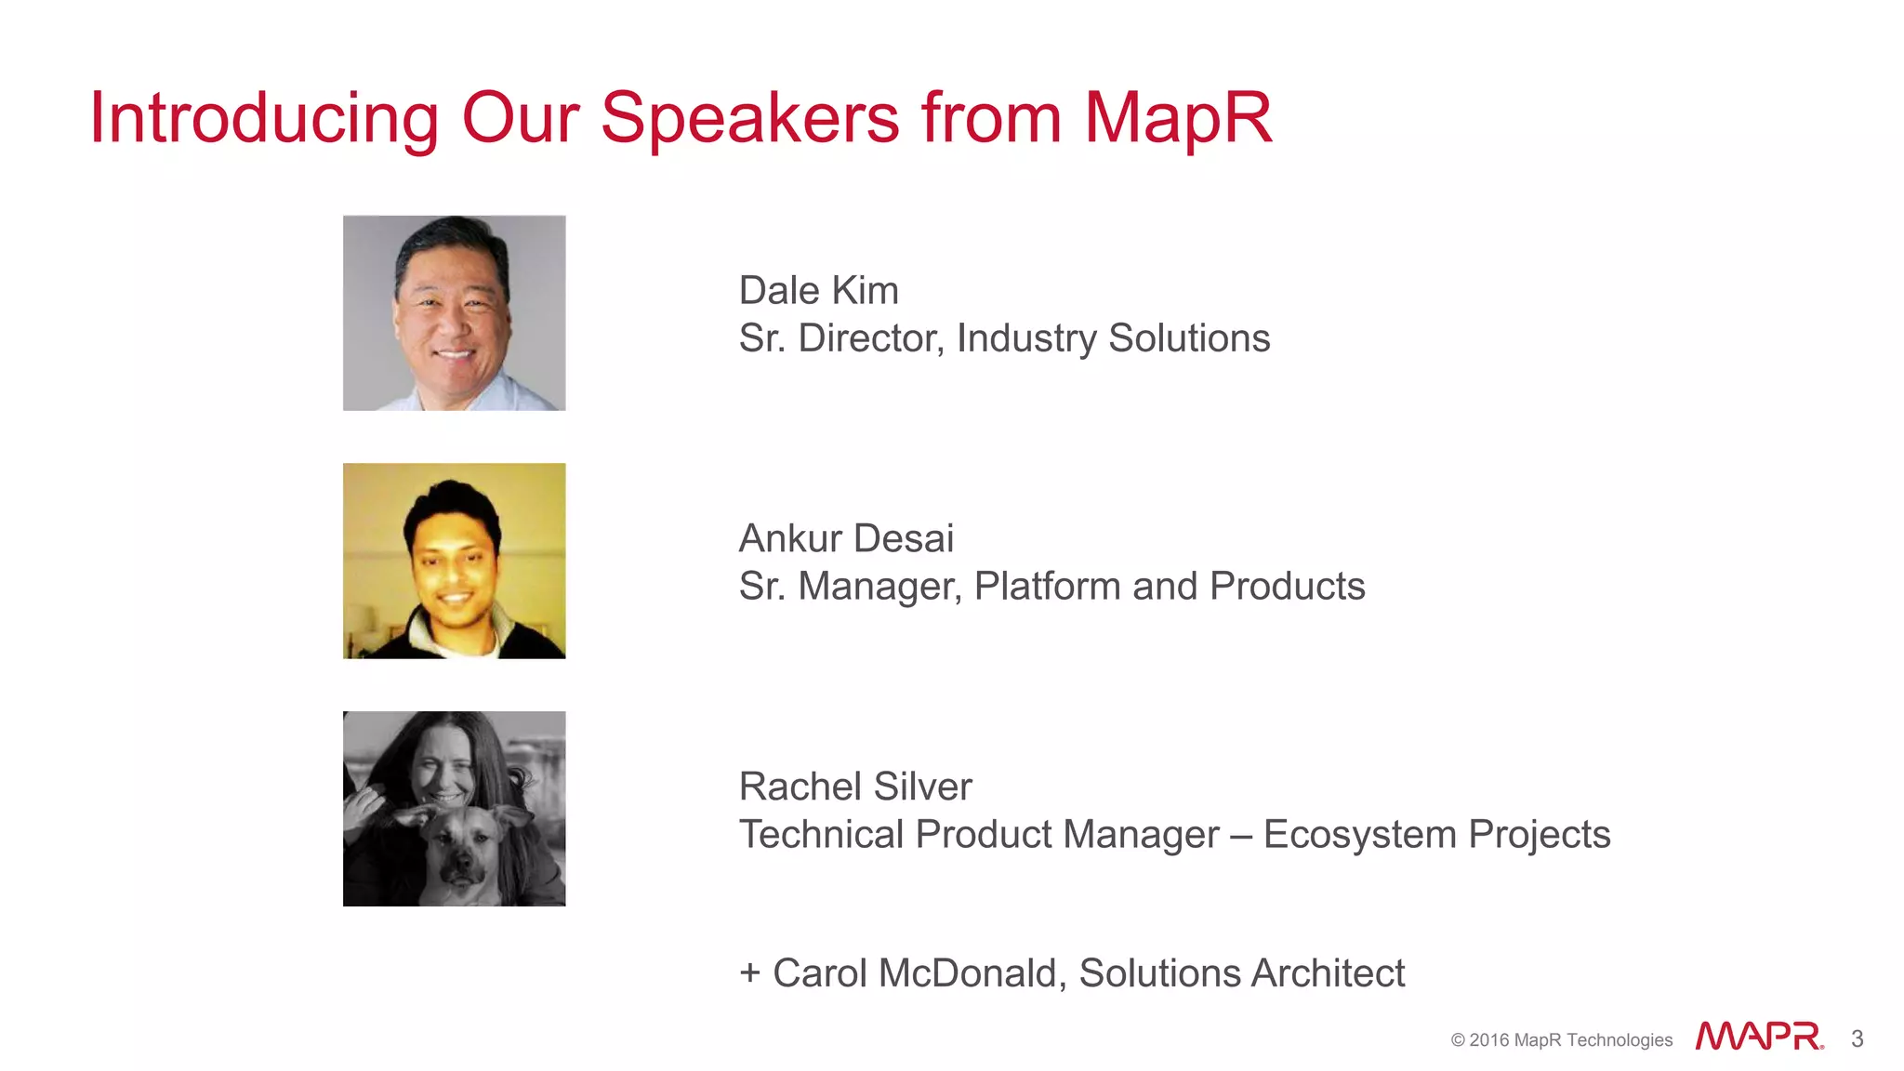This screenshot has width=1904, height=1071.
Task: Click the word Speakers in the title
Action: [x=749, y=119]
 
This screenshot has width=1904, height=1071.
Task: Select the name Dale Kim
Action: [x=818, y=291]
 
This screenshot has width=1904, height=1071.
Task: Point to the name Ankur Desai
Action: [x=845, y=539]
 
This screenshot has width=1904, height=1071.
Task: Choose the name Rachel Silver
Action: [x=854, y=787]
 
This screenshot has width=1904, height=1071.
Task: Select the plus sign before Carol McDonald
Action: [x=750, y=974]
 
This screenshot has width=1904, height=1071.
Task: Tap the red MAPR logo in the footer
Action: [x=1758, y=1037]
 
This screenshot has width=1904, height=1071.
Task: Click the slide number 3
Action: [x=1857, y=1039]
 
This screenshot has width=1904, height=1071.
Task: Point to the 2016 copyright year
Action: [x=1488, y=1040]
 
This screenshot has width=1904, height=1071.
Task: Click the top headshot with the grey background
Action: [x=454, y=313]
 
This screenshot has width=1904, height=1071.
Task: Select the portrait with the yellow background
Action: [x=454, y=561]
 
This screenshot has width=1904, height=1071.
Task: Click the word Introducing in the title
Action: [x=263, y=119]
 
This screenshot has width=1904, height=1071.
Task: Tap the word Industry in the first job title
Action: [x=1026, y=338]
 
